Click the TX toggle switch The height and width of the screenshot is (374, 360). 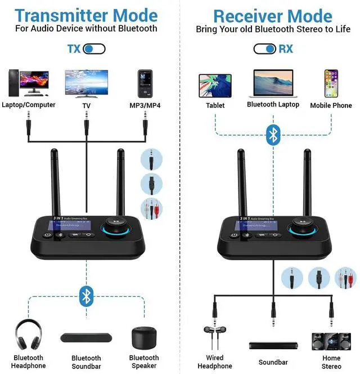pos(94,49)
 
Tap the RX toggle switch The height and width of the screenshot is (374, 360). pos(264,49)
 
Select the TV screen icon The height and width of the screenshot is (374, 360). pos(86,84)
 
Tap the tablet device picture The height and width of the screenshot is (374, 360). pos(215,84)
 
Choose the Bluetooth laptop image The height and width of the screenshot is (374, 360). pos(273,84)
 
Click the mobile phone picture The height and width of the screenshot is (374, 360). pos(331,83)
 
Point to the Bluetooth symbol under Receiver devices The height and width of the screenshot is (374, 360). pos(273,134)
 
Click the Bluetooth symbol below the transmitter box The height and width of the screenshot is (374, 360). pos(85,296)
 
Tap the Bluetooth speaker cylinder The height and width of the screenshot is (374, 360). pos(144,337)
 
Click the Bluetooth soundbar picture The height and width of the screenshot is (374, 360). pos(86,339)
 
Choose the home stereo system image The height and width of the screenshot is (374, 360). pos(331,341)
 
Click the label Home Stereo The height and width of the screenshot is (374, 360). pos(331,362)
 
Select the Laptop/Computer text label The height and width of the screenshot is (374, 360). pos(29,105)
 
